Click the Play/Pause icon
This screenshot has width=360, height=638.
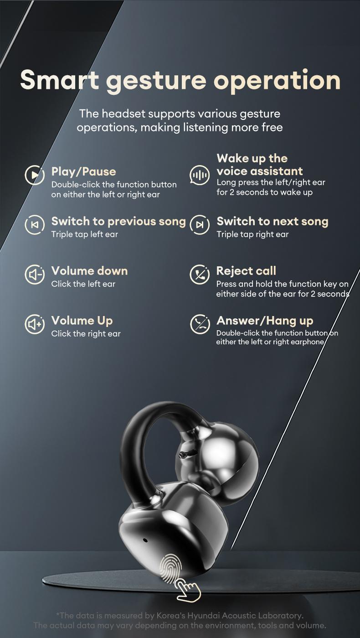point(34,175)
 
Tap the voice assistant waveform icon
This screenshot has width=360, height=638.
point(199,175)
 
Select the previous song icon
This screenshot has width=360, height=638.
point(34,225)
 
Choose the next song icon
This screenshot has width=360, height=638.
point(199,225)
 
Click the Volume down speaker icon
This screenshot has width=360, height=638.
point(34,275)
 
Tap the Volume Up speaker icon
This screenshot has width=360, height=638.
point(34,324)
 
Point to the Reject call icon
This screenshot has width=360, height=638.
point(199,275)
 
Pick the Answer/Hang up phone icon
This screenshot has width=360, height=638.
point(199,324)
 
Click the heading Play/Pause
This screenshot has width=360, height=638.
point(83,171)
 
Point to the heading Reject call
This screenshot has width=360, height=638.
point(246,271)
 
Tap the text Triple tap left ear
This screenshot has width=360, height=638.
point(84,234)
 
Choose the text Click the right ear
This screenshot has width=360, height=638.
point(86,334)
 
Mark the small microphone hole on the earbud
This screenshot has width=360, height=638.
point(145,540)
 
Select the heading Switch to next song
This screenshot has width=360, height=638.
point(272,222)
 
